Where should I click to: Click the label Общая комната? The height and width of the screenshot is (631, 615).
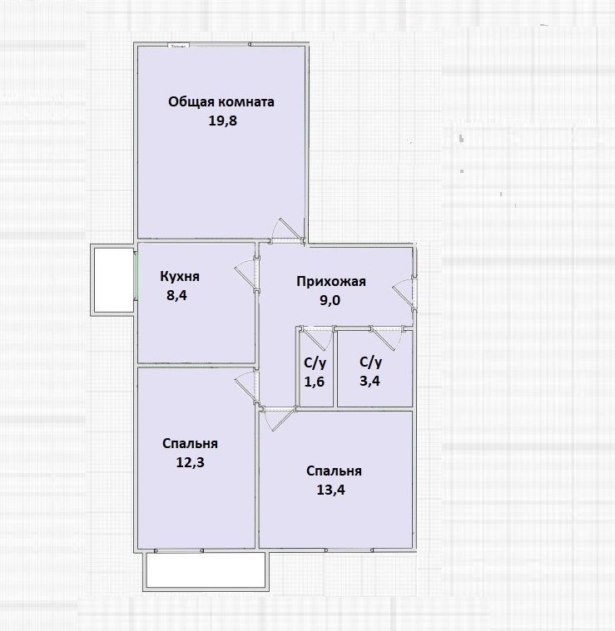(221, 101)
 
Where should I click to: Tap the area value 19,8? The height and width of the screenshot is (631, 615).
(222, 121)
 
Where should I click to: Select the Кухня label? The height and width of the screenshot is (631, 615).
(180, 277)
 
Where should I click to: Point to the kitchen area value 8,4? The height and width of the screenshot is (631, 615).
(176, 295)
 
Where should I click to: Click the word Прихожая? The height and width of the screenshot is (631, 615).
(331, 281)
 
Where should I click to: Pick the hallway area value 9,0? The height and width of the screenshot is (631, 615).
(330, 300)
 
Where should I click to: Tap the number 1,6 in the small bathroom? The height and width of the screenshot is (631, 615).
(314, 382)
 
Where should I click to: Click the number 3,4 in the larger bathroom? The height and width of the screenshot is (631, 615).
(369, 381)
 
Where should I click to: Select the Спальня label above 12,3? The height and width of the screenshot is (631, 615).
(190, 443)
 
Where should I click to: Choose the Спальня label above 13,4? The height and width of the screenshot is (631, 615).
(334, 471)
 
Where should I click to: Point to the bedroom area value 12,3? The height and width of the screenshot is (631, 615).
(190, 462)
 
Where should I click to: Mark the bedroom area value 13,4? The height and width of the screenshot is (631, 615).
(330, 491)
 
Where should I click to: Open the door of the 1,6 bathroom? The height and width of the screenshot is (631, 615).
(317, 338)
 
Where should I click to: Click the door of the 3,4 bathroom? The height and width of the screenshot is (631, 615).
(384, 338)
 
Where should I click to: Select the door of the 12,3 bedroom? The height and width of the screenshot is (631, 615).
(246, 387)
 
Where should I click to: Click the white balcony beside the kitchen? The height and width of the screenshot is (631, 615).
(113, 279)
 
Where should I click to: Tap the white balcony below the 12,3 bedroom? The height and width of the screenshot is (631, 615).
(206, 569)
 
